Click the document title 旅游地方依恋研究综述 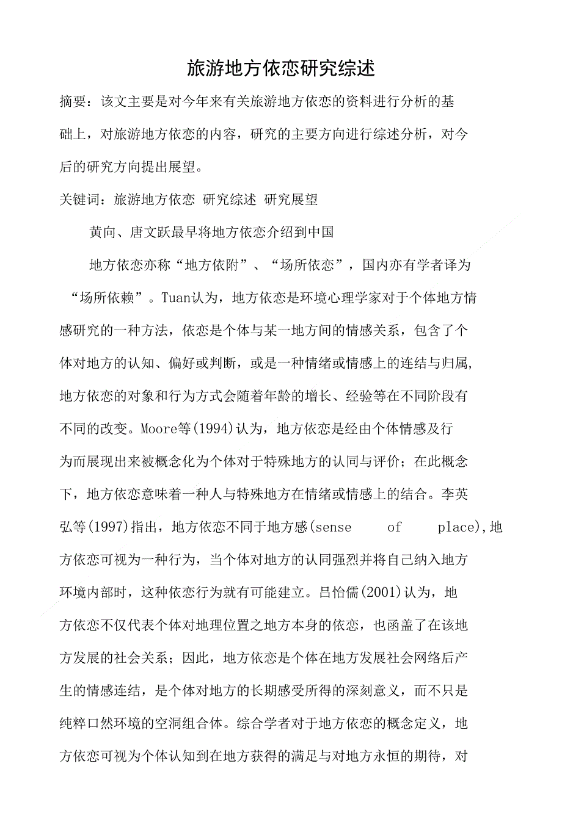coord(280,68)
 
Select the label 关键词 coord(79,200)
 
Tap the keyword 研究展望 coord(291,200)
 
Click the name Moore coord(159,428)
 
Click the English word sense coord(333,527)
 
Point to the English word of coord(395,527)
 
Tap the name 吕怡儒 coord(338,592)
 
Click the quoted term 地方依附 coord(211,265)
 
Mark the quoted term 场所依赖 coord(107,298)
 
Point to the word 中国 coord(321,232)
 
